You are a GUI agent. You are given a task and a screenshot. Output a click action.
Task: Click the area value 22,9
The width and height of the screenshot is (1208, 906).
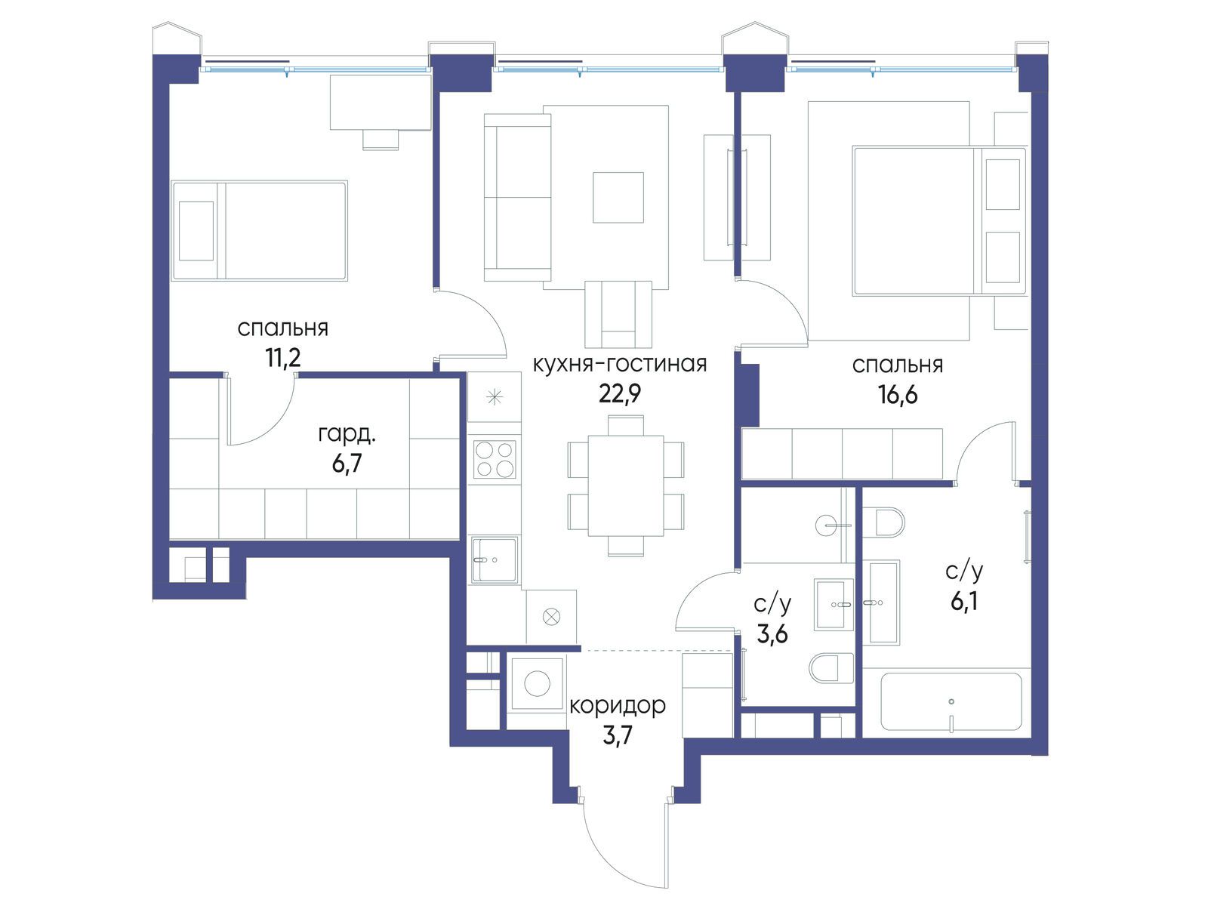click(x=620, y=394)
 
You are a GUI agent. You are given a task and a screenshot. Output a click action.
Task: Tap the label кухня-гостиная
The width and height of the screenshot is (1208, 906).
click(x=620, y=364)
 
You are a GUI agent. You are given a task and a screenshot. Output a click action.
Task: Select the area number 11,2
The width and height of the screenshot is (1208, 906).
click(x=283, y=358)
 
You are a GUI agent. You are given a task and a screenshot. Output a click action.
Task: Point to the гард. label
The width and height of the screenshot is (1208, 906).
click(x=347, y=435)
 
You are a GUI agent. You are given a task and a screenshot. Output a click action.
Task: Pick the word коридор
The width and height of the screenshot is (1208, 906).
click(x=618, y=706)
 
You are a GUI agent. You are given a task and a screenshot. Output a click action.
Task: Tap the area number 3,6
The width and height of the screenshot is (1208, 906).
click(x=772, y=634)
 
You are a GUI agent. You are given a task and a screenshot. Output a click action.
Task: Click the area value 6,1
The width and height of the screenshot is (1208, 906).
click(x=963, y=602)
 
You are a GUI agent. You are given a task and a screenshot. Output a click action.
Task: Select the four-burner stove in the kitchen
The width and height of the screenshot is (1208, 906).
click(x=495, y=459)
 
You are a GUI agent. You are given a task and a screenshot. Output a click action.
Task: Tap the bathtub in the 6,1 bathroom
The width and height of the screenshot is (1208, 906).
click(x=951, y=702)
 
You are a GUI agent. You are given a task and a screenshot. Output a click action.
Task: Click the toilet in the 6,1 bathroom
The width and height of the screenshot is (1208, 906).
click(x=883, y=522)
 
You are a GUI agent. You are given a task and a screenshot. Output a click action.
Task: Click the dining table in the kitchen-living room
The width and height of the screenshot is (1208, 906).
click(x=626, y=485)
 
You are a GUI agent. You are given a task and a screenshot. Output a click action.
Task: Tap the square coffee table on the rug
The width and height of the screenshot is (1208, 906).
click(x=618, y=198)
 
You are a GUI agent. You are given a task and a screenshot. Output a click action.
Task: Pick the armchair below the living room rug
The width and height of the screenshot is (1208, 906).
click(x=618, y=314)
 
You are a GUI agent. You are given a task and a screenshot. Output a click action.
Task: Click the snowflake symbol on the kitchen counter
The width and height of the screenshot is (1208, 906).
click(x=495, y=397)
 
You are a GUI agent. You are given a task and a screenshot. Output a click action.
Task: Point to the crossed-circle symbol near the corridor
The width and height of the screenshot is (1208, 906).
click(x=551, y=617)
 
